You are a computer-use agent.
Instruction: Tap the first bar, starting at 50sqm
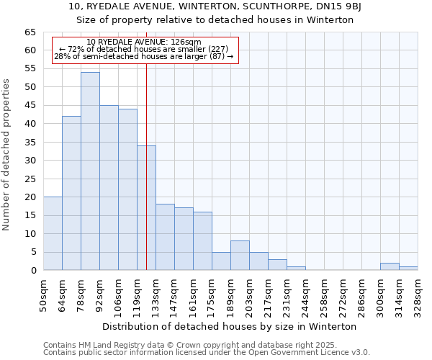(53, 233)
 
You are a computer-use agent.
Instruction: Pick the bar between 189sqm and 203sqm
(240, 256)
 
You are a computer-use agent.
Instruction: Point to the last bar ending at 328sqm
(408, 269)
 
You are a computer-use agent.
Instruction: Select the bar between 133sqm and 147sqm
(165, 237)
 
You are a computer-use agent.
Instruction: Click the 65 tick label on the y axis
(30, 32)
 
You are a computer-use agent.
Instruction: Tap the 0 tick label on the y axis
(32, 271)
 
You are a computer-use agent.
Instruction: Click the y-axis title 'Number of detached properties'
(7, 155)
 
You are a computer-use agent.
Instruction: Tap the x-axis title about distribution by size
(230, 326)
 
